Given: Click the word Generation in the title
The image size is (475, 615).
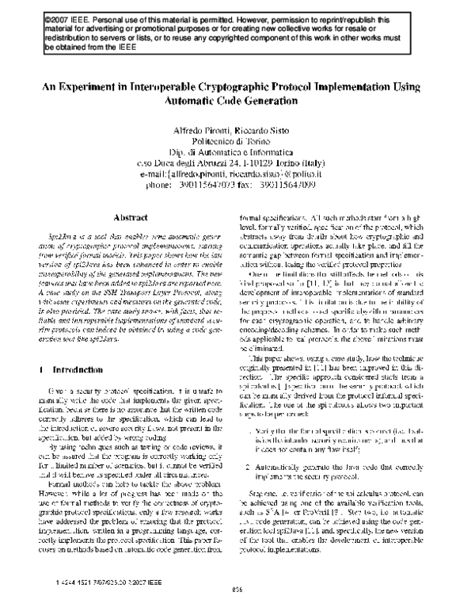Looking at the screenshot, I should pos(275,101).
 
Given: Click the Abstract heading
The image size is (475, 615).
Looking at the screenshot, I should pos(132,217).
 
